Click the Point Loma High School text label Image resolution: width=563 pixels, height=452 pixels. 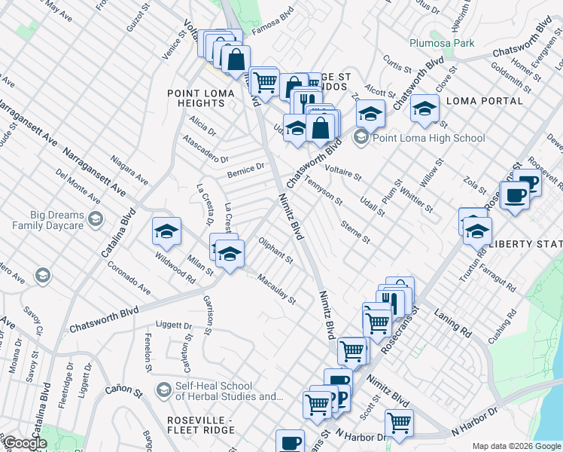(429, 138)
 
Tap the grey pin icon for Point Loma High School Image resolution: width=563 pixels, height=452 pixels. (362, 137)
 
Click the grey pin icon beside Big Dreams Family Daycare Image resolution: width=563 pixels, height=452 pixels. (96, 218)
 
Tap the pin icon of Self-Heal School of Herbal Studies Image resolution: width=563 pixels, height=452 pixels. (163, 389)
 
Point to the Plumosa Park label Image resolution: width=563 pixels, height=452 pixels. (442, 43)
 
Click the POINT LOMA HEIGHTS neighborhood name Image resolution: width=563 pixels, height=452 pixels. (196, 98)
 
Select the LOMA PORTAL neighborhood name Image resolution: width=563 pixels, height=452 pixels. (485, 100)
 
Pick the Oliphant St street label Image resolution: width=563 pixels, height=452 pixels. (275, 251)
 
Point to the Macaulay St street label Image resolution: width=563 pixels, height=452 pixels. (276, 290)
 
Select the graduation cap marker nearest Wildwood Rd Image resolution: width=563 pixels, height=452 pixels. (166, 231)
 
